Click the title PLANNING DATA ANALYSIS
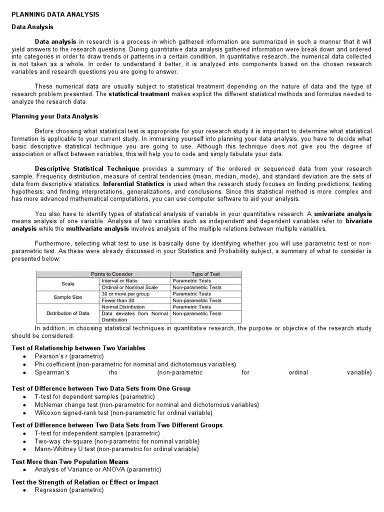[x=55, y=14]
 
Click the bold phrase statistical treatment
[x=139, y=94]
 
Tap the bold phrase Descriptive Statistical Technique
[x=87, y=168]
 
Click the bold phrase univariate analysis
[x=342, y=214]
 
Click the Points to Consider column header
[x=104, y=274]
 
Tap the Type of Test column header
[x=205, y=274]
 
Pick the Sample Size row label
[x=68, y=297]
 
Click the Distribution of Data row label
[x=68, y=313]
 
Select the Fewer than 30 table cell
[x=118, y=300]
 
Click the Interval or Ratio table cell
[x=119, y=281]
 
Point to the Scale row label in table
[x=68, y=284]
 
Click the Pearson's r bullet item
[x=69, y=356]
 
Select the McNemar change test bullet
[x=146, y=404]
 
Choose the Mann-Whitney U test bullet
[x=116, y=449]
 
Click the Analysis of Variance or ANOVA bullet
[x=98, y=469]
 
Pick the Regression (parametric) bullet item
[x=69, y=490]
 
